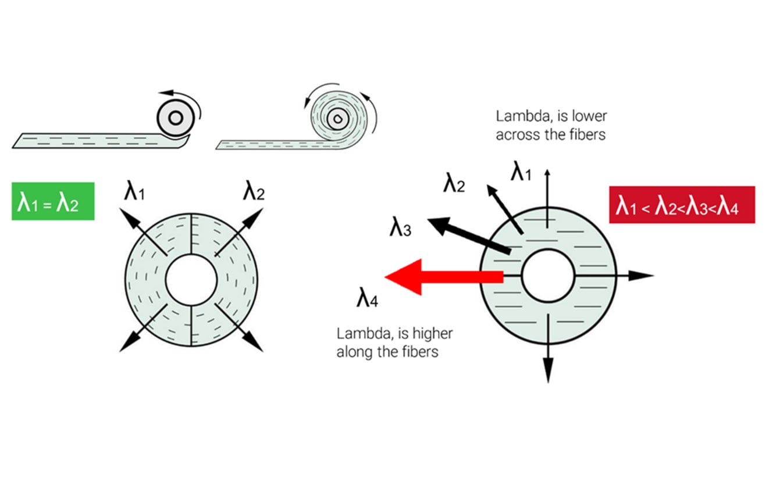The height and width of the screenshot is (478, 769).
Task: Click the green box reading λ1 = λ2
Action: point(52,201)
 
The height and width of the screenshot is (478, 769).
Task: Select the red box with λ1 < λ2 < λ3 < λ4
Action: point(681,205)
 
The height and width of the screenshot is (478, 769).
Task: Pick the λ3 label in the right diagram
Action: point(400,227)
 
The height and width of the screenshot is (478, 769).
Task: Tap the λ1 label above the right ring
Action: point(521,172)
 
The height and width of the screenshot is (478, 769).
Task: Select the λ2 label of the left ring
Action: point(254,191)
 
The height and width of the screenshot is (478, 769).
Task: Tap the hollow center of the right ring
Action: point(547,276)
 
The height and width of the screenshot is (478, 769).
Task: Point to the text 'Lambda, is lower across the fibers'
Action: point(551,125)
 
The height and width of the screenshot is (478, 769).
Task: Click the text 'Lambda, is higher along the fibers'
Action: point(395,343)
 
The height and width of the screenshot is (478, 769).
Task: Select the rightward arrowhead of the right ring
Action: point(642,276)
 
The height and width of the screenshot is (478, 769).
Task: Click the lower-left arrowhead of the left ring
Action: point(126,344)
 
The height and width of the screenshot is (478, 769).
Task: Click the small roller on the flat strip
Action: point(175,118)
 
